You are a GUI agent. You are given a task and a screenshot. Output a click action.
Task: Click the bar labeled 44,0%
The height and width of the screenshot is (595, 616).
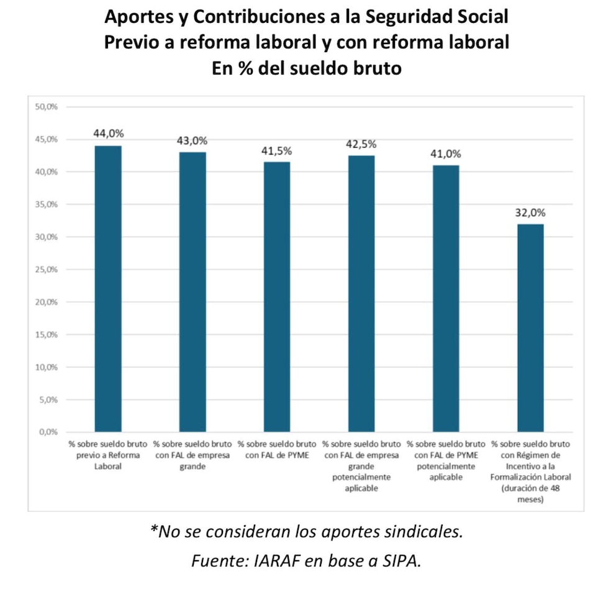[108, 288]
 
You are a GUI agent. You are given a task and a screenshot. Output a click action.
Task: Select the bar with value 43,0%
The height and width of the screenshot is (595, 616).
[192, 291]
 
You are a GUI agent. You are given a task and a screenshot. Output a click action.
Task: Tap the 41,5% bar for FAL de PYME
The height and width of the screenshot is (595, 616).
[277, 296]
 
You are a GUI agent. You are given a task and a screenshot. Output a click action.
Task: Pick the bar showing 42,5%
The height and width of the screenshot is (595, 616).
[361, 293]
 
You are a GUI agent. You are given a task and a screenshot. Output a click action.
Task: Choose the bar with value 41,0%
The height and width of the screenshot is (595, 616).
[446, 298]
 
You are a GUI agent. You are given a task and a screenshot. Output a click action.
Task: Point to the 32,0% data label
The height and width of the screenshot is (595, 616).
[530, 212]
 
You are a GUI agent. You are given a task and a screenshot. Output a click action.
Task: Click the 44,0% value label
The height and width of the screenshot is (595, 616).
[109, 134]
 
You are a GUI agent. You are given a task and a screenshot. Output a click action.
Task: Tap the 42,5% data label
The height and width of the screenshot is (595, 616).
[361, 144]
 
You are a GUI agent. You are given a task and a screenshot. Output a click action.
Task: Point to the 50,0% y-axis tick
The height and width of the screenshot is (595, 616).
[47, 107]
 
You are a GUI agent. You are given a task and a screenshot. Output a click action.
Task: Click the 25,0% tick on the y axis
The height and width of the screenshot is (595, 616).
[47, 270]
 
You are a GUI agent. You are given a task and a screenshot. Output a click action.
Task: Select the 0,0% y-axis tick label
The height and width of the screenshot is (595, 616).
[48, 432]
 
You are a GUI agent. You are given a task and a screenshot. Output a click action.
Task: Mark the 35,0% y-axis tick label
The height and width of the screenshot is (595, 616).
[47, 204]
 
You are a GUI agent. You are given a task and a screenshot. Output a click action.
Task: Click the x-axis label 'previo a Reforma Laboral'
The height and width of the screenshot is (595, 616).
[108, 456]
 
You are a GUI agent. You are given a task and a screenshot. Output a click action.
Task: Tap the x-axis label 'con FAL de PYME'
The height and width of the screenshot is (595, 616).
[277, 450]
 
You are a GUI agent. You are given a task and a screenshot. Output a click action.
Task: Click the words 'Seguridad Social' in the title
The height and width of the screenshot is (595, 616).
[444, 17]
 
